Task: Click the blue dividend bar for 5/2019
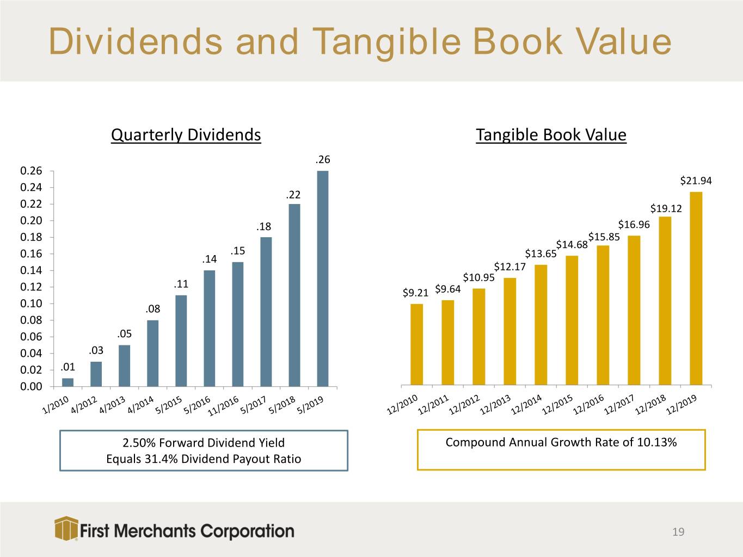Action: point(323,278)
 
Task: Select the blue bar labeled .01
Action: point(67,382)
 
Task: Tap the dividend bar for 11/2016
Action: point(238,324)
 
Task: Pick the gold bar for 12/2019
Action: point(696,288)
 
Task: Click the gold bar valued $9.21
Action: point(417,344)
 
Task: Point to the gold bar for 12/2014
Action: point(541,325)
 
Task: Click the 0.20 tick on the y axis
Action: point(31,220)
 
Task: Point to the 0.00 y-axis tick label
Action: point(31,386)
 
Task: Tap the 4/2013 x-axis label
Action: point(112,405)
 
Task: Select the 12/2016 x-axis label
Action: point(588,405)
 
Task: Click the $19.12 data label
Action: point(666,208)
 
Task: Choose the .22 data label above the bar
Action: point(293,195)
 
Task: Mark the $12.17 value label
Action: point(510,267)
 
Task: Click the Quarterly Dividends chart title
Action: point(186,134)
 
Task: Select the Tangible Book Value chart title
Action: point(551,134)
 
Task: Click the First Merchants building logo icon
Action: point(66,528)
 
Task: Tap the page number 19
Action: point(678,532)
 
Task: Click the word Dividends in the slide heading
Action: point(136,41)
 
